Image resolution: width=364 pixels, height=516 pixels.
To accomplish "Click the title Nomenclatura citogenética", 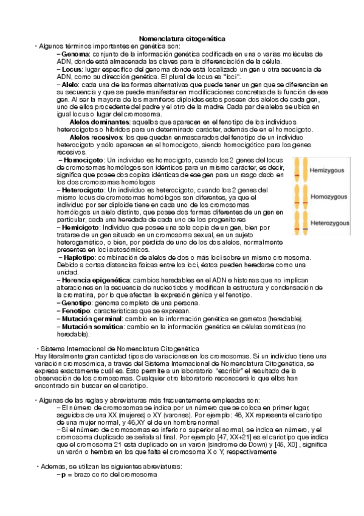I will click(x=182, y=38).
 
